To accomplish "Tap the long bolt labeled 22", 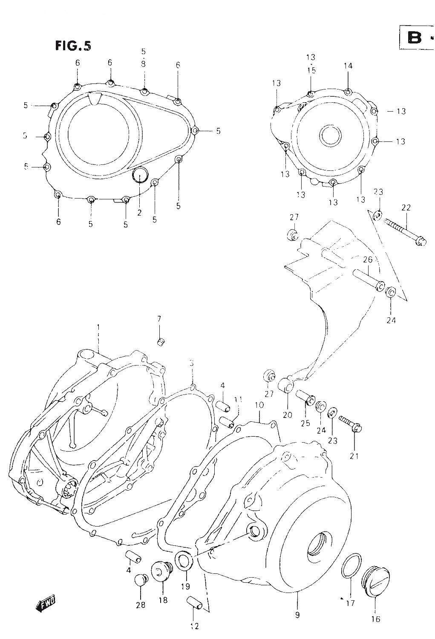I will tap(403, 230).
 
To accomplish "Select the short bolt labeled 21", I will tap(350, 423).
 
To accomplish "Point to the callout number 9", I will tap(297, 615).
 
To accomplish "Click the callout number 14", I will tap(348, 66).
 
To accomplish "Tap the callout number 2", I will tap(139, 213).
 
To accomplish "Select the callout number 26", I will tap(368, 259).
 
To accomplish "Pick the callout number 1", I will tap(98, 327).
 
